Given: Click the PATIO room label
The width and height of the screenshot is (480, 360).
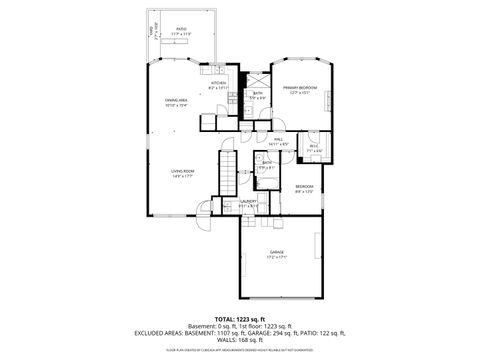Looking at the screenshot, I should [181, 28].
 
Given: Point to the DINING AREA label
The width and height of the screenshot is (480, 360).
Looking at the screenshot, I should [177, 99].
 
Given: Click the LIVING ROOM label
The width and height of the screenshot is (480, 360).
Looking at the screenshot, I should [181, 171].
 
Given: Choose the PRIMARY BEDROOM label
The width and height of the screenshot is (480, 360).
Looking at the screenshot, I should [299, 87].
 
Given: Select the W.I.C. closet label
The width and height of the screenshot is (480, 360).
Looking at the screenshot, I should [313, 146].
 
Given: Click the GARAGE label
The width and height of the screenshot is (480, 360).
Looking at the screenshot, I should [276, 251].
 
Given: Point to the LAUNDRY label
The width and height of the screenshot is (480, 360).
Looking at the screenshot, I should [248, 200].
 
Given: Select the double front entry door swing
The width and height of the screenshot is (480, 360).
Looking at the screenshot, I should [205, 210].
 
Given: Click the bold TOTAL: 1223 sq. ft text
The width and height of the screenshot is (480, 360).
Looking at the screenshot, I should [240, 318].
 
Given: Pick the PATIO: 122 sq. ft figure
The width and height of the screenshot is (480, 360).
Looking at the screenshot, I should [323, 332].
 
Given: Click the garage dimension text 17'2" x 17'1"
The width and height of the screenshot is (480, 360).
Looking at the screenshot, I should [276, 257].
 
